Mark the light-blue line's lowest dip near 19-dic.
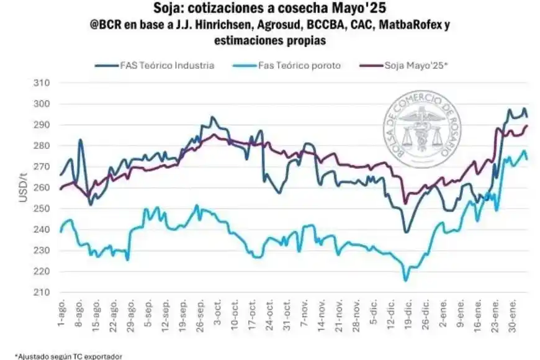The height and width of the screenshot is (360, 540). coord(406,281)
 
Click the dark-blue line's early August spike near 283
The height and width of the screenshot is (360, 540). coord(81,140)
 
